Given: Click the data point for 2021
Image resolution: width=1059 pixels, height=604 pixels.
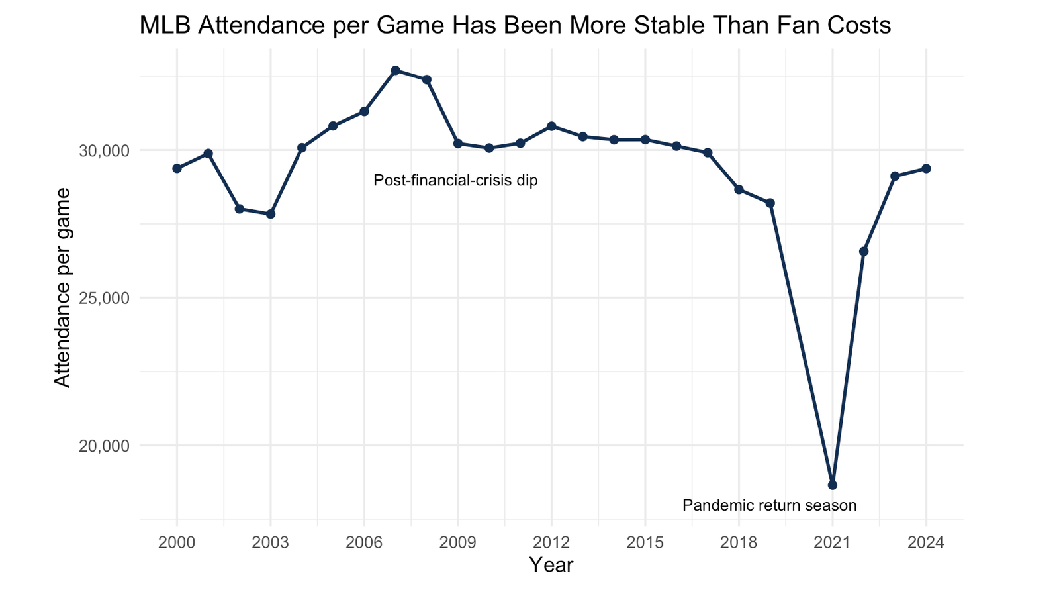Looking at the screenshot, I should (x=833, y=485).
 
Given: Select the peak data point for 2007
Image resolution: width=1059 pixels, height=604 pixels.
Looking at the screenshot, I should (x=395, y=70).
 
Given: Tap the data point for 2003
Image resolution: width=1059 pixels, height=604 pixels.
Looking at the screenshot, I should (x=271, y=214).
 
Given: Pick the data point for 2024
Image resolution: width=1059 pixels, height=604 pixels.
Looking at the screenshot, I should (x=926, y=168).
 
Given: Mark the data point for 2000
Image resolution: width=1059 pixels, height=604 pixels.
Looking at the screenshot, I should (x=177, y=168).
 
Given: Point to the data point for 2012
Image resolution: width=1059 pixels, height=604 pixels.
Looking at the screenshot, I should (x=551, y=126).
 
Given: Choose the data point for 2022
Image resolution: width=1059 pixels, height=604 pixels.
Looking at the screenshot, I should (x=864, y=252).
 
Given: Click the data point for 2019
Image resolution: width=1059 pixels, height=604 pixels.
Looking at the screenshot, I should (x=770, y=203).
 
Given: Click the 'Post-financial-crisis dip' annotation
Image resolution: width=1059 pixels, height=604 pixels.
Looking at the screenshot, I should (x=455, y=181).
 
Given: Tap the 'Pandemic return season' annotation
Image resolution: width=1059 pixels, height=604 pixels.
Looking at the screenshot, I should (x=769, y=506).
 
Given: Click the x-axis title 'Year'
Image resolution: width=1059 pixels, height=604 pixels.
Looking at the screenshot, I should (x=551, y=565).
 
